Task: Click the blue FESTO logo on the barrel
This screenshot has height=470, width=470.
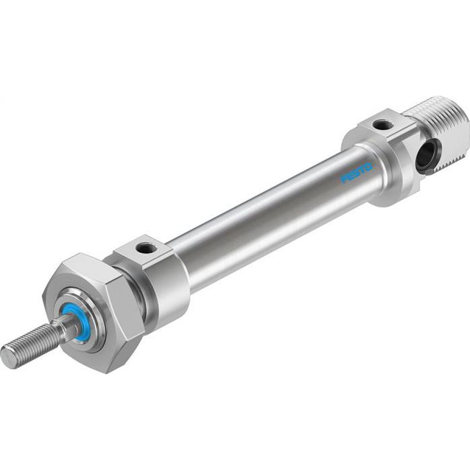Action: click(x=356, y=172)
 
